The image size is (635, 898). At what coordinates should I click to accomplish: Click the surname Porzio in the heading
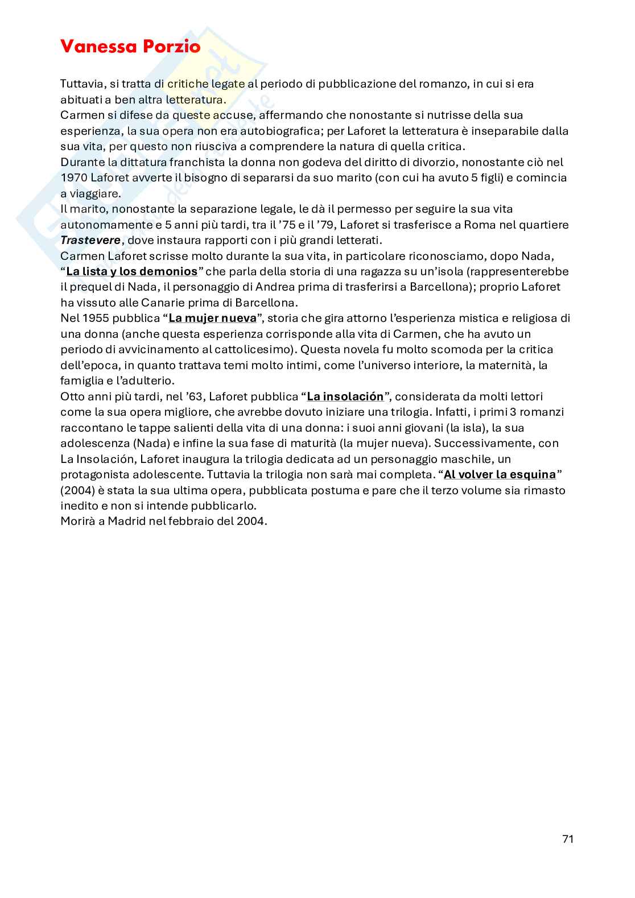click(171, 47)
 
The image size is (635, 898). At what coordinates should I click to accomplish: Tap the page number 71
click(567, 839)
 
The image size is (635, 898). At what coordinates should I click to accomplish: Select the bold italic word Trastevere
click(90, 240)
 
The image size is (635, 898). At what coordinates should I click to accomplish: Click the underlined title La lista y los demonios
click(132, 271)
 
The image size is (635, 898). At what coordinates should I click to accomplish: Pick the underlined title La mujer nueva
click(213, 318)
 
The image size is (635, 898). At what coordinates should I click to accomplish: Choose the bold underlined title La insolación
click(345, 396)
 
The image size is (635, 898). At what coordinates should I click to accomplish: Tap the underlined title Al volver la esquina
click(500, 474)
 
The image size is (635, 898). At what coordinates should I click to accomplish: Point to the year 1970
click(74, 177)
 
